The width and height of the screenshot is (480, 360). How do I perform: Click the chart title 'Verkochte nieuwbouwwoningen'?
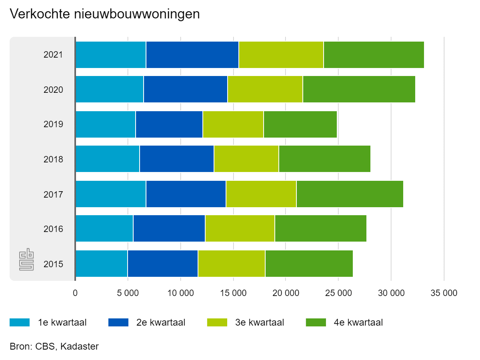pos(104,14)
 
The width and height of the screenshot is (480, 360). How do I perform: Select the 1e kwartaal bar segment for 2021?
pos(111,54)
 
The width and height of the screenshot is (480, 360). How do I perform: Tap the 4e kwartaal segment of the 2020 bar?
pos(359,90)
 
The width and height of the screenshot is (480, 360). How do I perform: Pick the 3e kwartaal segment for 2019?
pos(233,124)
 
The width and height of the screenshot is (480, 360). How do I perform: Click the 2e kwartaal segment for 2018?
pos(177,159)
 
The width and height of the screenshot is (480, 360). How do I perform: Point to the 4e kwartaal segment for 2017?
pos(350,194)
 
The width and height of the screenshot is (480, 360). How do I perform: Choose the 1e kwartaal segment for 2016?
pos(104,229)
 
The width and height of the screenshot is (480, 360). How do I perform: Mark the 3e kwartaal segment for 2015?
pos(232,264)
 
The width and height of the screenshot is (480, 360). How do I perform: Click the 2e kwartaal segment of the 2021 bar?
pos(192,54)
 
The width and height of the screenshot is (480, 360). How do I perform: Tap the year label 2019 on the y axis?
pos(53,124)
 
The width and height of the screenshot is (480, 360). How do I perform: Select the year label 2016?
pos(53,229)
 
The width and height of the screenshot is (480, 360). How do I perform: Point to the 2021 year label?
pos(53,55)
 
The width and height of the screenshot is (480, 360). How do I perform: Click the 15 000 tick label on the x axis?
pos(233,293)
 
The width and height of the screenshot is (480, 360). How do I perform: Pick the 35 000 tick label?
pos(444,293)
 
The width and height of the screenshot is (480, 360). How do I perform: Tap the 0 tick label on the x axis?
pos(75,293)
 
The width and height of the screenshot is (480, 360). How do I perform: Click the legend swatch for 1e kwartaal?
pos(20,322)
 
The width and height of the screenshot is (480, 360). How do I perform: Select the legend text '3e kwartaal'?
pos(260,322)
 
